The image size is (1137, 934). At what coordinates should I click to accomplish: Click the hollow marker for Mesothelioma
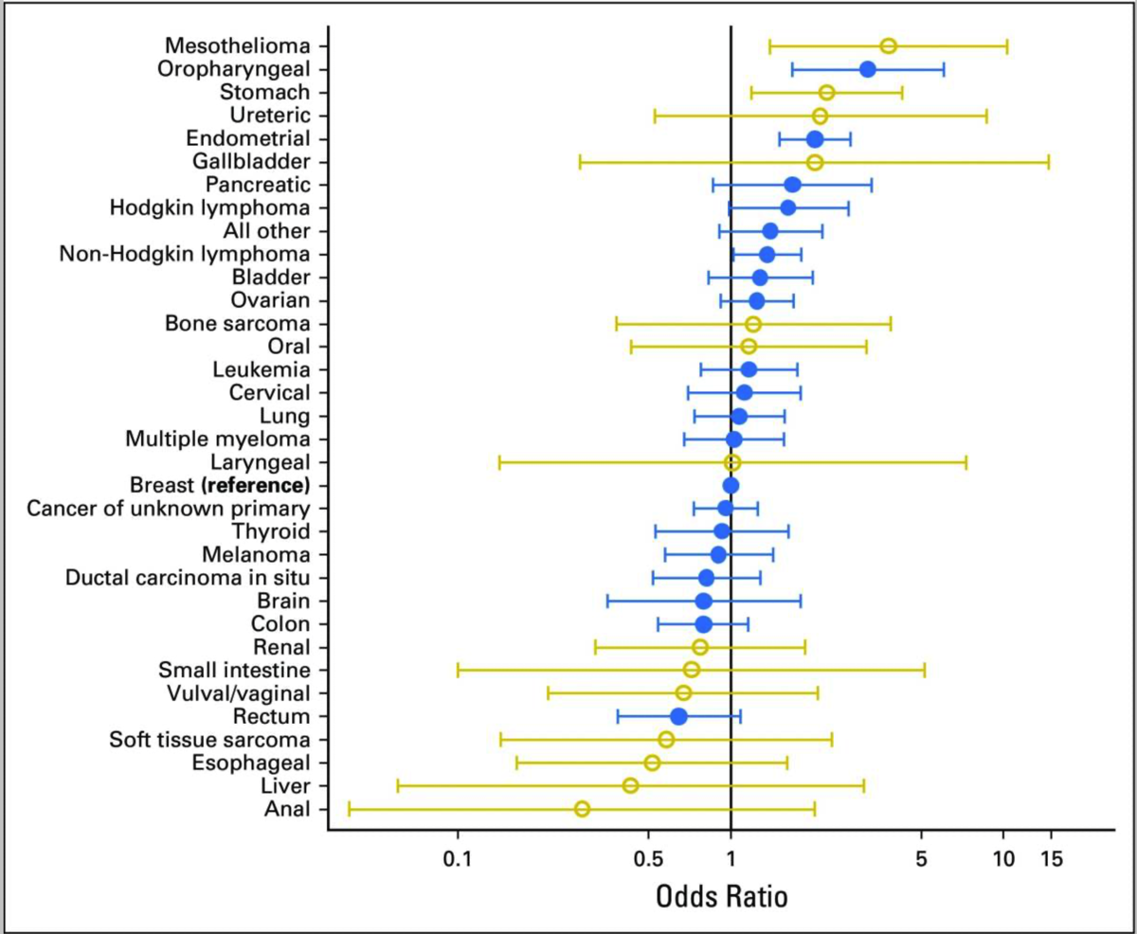[888, 46]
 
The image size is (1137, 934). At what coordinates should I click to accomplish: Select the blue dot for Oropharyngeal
[867, 69]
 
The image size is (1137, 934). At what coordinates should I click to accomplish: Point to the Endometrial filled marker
[815, 139]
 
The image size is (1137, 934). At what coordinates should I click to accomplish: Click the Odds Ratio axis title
[721, 896]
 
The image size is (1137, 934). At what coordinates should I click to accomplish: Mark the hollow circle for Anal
[582, 808]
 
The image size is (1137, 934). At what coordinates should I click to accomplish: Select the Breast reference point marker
[731, 485]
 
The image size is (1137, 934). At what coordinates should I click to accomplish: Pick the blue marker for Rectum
[678, 716]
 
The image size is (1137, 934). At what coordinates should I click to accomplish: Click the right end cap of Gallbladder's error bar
[1048, 162]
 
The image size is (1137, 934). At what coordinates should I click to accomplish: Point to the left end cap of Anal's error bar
[349, 808]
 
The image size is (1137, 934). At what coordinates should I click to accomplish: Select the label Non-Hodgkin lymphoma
[184, 254]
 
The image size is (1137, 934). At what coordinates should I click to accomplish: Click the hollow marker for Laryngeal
[731, 462]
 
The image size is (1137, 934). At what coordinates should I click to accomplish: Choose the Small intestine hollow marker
[692, 670]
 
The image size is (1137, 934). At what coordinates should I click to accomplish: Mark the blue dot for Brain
[703, 601]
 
